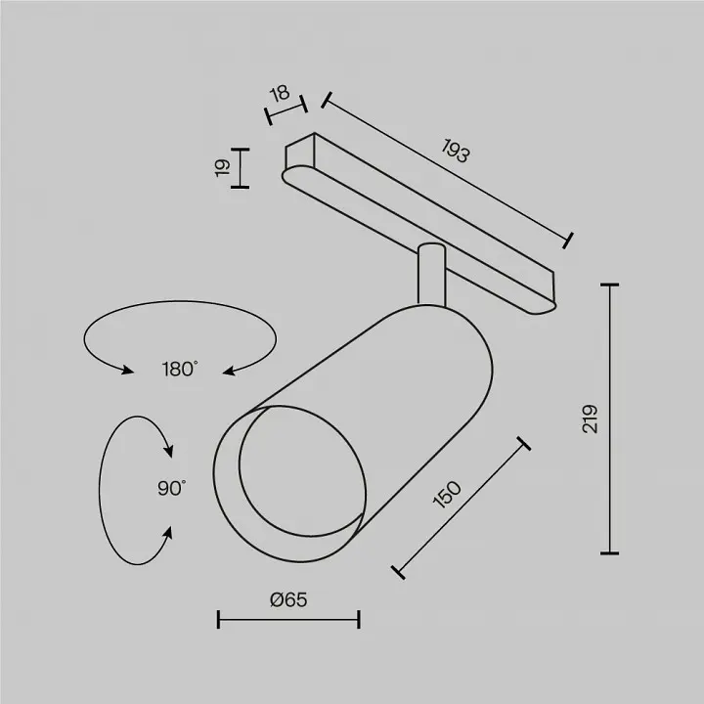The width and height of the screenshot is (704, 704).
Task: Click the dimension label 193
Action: [x=456, y=151]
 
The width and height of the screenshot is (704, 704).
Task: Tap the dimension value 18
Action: [x=280, y=94]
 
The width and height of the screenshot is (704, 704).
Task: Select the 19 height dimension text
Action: [x=223, y=167]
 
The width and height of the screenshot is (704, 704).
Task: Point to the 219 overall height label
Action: [x=590, y=418]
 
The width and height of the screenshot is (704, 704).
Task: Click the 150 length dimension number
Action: [x=447, y=495]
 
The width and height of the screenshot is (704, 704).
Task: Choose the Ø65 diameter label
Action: [x=288, y=599]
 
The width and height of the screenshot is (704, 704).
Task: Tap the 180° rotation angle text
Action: [x=179, y=369]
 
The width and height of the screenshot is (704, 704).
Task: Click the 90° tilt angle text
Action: [x=171, y=488]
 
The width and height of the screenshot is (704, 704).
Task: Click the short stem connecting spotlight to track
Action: [x=431, y=275]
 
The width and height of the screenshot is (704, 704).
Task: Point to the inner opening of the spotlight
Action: [x=302, y=471]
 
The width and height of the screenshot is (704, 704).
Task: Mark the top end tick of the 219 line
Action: [x=610, y=285]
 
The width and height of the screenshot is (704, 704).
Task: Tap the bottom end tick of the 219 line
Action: [x=610, y=553]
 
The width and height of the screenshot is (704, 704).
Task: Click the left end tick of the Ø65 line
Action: [x=218, y=619]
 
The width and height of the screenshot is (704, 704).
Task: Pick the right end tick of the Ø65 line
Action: [x=359, y=619]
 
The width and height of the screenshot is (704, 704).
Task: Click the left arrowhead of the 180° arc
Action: [x=127, y=370]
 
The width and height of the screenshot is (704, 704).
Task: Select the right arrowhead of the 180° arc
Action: [x=229, y=371]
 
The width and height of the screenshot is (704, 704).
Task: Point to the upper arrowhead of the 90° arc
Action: [x=168, y=451]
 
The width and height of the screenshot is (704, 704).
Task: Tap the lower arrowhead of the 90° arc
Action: [x=168, y=533]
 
